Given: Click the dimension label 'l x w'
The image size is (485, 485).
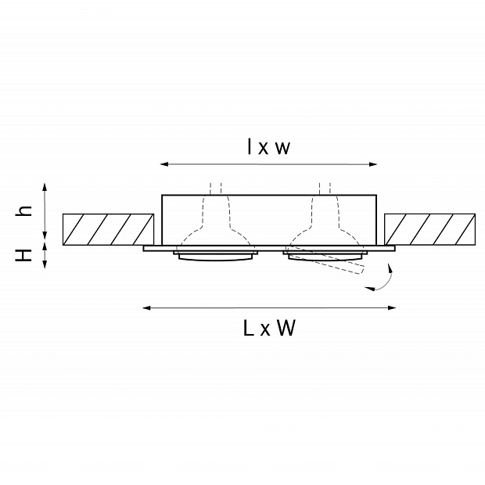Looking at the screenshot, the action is [x=268, y=147].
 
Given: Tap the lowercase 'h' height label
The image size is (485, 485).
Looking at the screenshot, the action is [x=23, y=210].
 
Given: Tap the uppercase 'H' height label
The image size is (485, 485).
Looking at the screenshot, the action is [x=23, y=255].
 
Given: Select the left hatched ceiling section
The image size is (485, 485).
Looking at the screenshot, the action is [x=108, y=229].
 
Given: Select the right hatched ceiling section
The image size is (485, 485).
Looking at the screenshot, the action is [x=430, y=229].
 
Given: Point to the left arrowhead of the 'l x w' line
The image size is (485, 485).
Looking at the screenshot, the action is [x=164, y=164].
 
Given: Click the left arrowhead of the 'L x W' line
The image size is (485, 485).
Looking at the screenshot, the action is [x=146, y=307].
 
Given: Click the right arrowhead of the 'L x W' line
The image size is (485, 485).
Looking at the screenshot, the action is [x=392, y=307].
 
